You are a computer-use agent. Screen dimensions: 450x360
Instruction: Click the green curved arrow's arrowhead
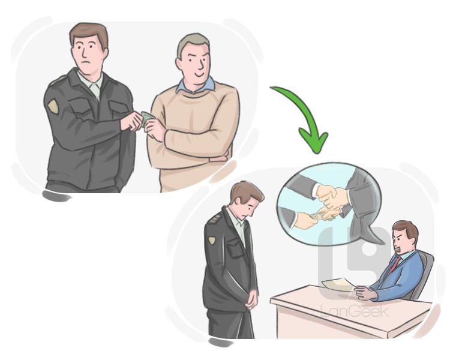point(314,141)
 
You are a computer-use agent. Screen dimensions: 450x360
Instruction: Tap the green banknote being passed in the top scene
point(148,119)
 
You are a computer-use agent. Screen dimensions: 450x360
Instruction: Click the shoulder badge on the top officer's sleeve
point(53,106)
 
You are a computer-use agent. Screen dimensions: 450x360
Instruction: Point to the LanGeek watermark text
point(355,311)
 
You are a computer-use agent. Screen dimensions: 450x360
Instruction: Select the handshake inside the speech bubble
point(333,195)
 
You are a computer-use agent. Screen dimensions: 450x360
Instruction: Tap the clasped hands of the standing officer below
point(251,299)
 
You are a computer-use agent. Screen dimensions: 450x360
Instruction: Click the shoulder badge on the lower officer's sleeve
point(212,240)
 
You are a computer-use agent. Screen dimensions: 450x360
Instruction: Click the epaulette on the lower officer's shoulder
point(215,219)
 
